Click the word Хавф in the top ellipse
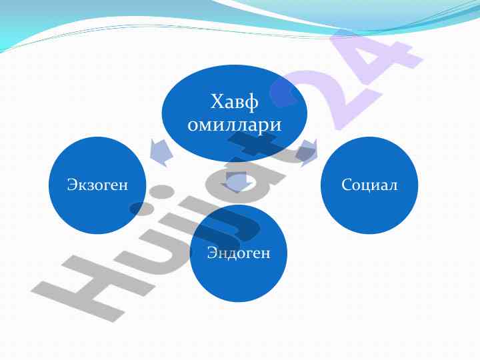click(235, 102)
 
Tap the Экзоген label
click(97, 185)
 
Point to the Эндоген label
click(239, 253)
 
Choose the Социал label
click(369, 185)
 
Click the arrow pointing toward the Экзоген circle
click(161, 153)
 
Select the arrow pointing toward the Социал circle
click(307, 153)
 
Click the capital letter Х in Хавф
click(217, 101)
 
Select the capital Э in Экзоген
click(71, 185)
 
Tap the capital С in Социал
click(347, 185)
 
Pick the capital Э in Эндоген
click(212, 253)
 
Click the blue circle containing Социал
click(369, 185)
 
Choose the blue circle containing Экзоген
click(97, 185)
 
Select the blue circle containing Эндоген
click(239, 253)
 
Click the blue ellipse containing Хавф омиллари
click(235, 113)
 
